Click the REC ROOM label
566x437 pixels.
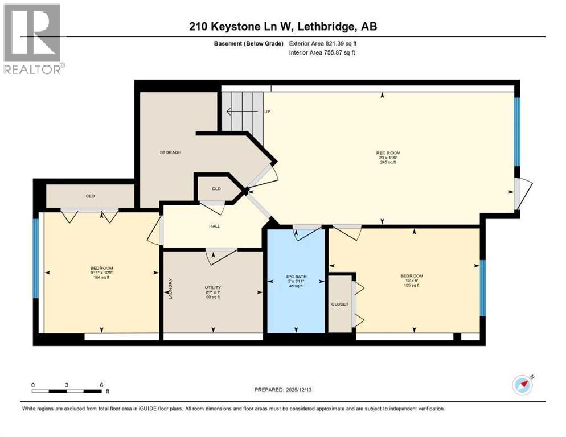point(385,153)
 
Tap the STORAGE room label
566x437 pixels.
point(170,152)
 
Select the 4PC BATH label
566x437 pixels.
point(296,279)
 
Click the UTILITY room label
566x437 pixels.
point(213,288)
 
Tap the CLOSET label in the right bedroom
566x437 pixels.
point(339,304)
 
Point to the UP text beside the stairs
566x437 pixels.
point(266,112)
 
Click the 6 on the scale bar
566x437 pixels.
point(101,385)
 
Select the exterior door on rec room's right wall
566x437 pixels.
point(521,193)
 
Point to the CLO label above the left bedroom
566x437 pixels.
point(90,196)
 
